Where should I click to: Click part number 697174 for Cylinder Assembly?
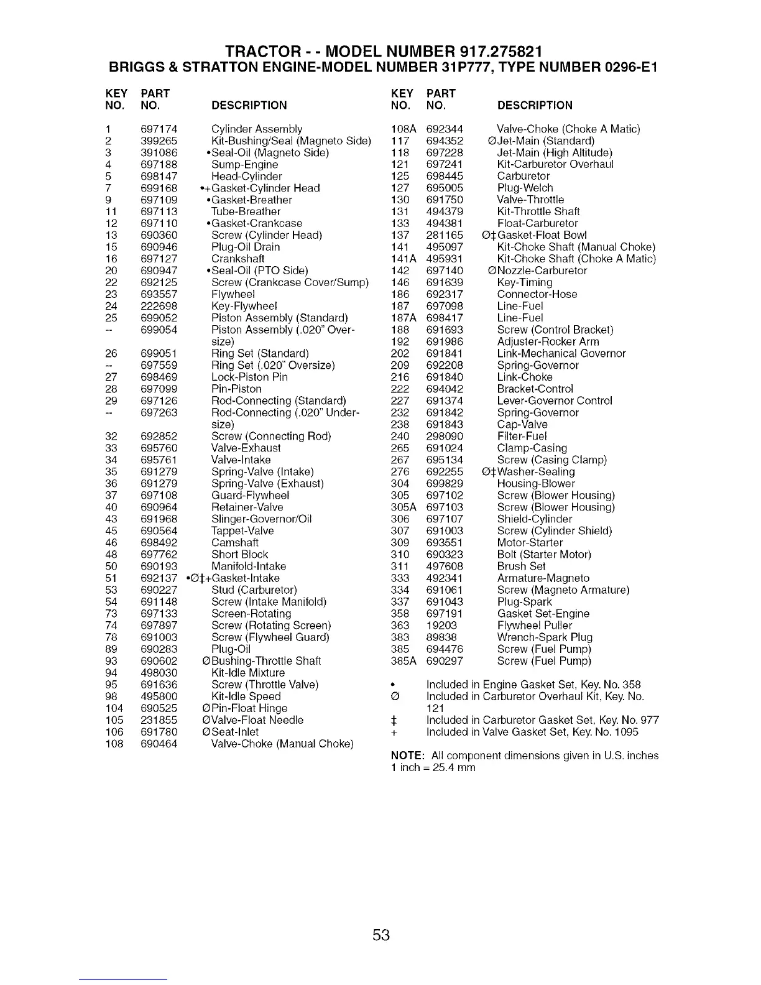(x=159, y=129)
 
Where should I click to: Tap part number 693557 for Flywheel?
(x=159, y=294)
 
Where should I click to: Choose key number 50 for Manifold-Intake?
(x=112, y=566)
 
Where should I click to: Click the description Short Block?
(x=239, y=554)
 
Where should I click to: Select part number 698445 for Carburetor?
(x=445, y=176)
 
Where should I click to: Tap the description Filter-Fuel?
(x=522, y=436)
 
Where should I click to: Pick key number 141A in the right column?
(x=403, y=259)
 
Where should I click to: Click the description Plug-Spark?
(x=524, y=601)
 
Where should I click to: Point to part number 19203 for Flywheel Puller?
(x=441, y=625)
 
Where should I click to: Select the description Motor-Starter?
(x=530, y=542)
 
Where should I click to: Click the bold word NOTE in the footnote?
(x=407, y=756)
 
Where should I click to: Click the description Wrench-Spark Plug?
(x=545, y=637)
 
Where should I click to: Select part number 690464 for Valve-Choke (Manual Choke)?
(x=159, y=744)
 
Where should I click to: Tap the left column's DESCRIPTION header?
(x=249, y=105)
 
